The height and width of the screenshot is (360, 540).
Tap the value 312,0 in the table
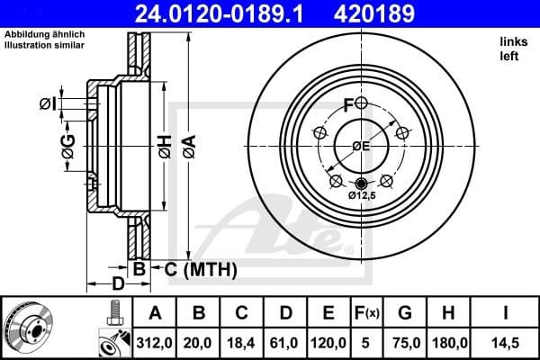coord(155,342)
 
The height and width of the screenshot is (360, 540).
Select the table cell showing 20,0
coord(199,342)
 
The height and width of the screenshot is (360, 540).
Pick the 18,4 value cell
coord(242,342)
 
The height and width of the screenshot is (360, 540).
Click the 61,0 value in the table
coord(285,342)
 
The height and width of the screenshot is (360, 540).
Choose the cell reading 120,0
coord(328,342)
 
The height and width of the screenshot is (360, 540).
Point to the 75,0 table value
coord(405,342)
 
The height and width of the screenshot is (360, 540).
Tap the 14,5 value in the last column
coord(505,342)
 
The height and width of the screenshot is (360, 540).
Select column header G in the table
coord(405,312)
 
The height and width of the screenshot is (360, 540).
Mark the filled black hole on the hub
coord(362,184)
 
